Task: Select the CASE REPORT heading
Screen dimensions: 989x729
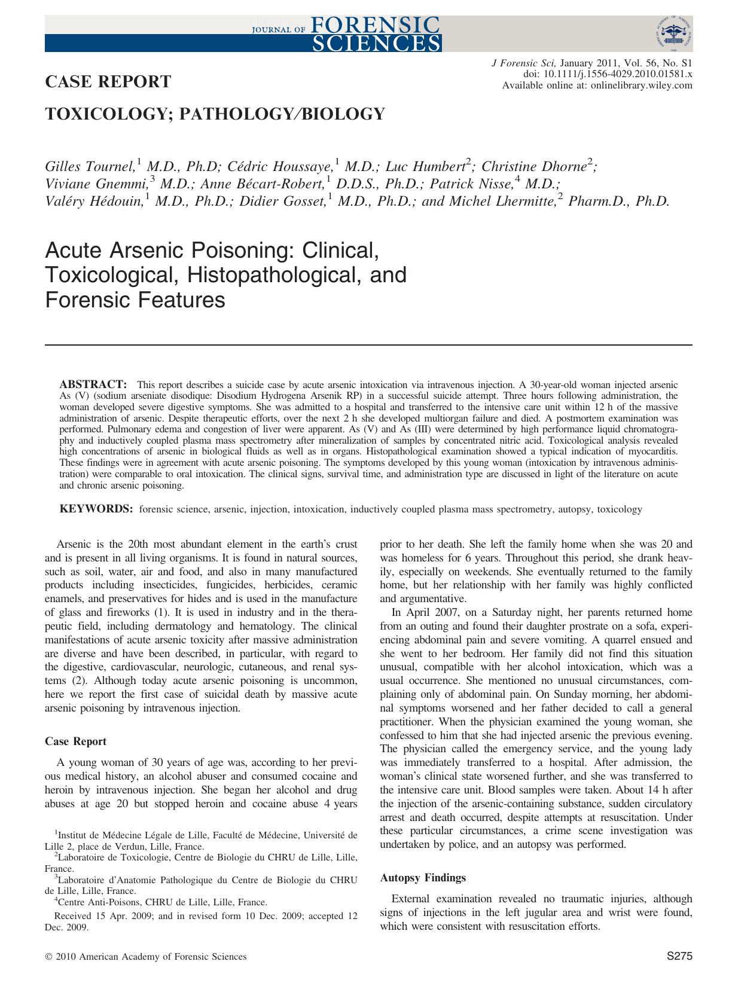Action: (x=108, y=82)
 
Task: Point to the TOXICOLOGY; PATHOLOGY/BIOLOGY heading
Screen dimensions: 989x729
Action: (x=215, y=114)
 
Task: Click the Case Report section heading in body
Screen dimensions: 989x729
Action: (x=75, y=741)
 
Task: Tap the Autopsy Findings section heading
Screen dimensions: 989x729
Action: (x=422, y=878)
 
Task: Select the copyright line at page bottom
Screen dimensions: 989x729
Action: (x=146, y=957)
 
